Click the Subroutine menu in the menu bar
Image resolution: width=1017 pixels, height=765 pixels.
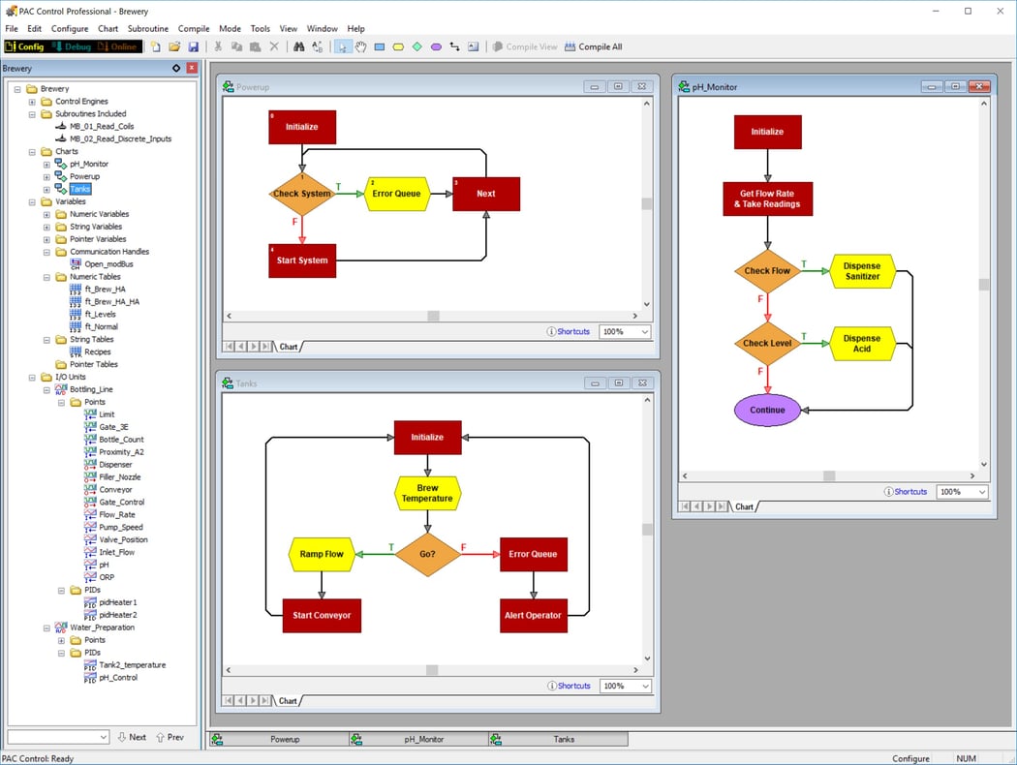(x=147, y=29)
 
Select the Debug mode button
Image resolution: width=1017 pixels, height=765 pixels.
(x=73, y=46)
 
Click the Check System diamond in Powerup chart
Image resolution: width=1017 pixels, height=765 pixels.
(x=301, y=194)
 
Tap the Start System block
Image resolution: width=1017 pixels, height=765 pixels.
(x=302, y=260)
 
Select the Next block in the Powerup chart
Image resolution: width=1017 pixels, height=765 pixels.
(x=485, y=194)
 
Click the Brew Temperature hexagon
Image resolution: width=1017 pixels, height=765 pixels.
(x=427, y=494)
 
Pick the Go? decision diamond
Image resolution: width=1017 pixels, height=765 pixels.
(x=427, y=555)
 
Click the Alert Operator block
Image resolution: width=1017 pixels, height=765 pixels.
(x=533, y=616)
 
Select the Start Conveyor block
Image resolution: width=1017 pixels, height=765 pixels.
(x=322, y=616)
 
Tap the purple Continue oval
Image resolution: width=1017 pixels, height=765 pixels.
(x=767, y=410)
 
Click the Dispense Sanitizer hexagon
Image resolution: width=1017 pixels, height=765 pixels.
(x=862, y=271)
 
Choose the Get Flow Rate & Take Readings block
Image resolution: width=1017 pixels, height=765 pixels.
(x=767, y=199)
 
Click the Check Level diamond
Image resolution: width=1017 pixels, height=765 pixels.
(x=767, y=343)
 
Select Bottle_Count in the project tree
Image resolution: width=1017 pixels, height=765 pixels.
(x=121, y=440)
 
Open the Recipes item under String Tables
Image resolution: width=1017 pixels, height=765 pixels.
(x=97, y=352)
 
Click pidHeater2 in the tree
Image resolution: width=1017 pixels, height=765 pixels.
(x=117, y=615)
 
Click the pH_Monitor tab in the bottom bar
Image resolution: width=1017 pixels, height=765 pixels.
(x=423, y=739)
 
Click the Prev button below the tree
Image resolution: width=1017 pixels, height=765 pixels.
(x=169, y=737)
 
